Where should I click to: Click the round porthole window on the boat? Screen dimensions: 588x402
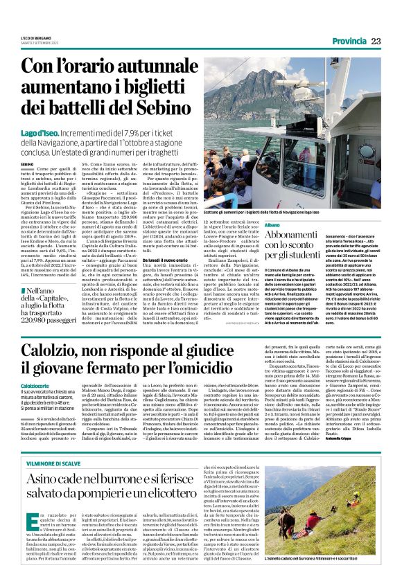365,149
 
